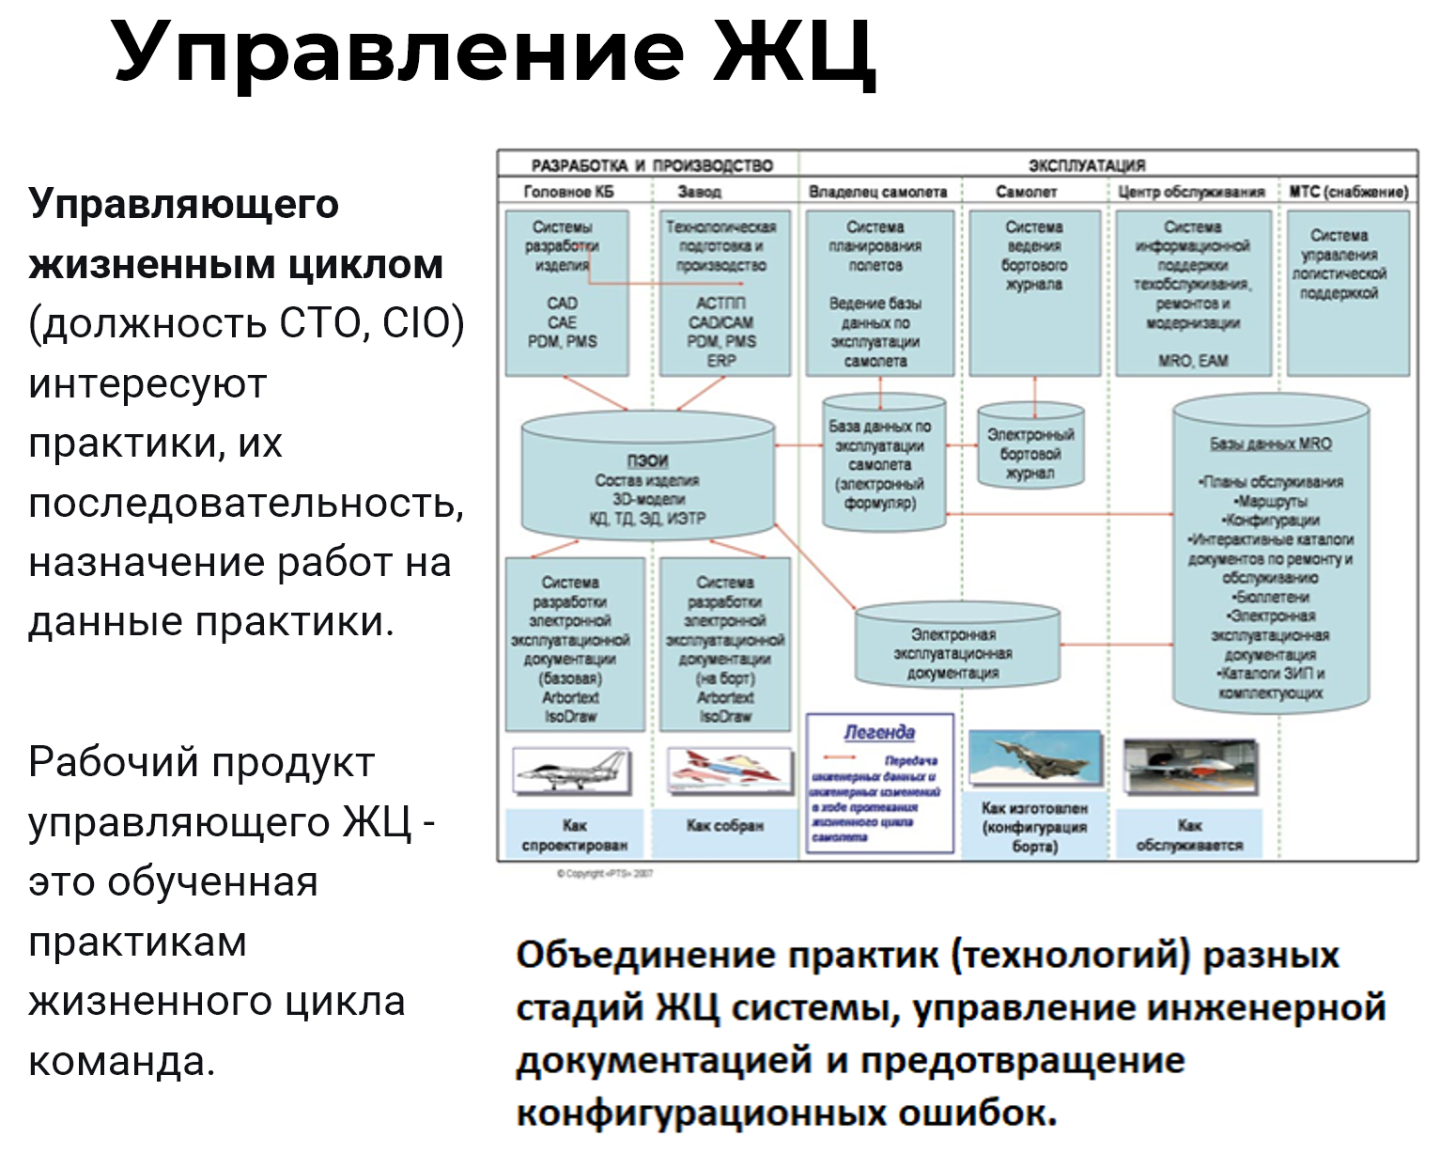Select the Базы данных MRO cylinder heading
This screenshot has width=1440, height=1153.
pos(1270,444)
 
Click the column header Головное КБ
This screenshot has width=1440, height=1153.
pos(568,192)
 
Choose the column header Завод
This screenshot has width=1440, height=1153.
pos(700,192)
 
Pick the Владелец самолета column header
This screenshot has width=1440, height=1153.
pos(877,192)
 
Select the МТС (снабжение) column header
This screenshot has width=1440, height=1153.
pos(1348,192)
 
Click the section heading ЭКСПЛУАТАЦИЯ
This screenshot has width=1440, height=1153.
pos(1086,165)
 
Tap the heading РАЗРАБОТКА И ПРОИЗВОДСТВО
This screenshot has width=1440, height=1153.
pos(652,165)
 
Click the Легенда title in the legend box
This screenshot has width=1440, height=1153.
pos(879,732)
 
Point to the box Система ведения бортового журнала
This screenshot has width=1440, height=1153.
pos(1034,292)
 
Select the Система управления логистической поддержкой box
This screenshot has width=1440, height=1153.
pos(1339,292)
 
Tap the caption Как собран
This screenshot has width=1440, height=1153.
pos(725,826)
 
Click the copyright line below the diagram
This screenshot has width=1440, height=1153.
pos(605,874)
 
